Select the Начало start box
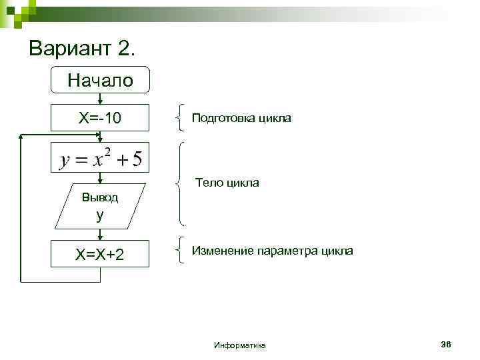tap(100, 81)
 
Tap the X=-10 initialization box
tap(100, 119)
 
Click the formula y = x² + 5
tap(100, 159)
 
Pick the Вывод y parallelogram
tap(100, 205)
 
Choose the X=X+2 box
tap(100, 255)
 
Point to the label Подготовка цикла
tap(241, 118)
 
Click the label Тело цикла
tap(227, 183)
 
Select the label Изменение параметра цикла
tap(273, 251)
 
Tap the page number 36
tap(446, 344)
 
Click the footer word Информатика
tap(240, 345)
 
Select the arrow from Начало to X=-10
tap(100, 99)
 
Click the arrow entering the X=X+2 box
tap(100, 234)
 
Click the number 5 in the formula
tap(137, 160)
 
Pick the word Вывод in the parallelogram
tap(99, 197)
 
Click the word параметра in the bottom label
tap(290, 251)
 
